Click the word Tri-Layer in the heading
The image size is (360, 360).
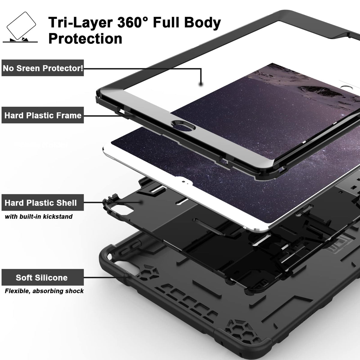point(80,23)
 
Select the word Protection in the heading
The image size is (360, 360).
point(85,39)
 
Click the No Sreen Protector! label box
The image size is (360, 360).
point(43,68)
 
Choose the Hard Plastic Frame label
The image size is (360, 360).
point(43,115)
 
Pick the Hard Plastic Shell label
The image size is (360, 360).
point(43,202)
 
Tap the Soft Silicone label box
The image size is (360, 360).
point(43,277)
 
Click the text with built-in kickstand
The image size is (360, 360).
point(39,217)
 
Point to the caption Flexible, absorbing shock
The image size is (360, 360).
point(44,291)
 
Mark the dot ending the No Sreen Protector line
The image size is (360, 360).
point(201,84)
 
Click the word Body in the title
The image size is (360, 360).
point(202,23)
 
